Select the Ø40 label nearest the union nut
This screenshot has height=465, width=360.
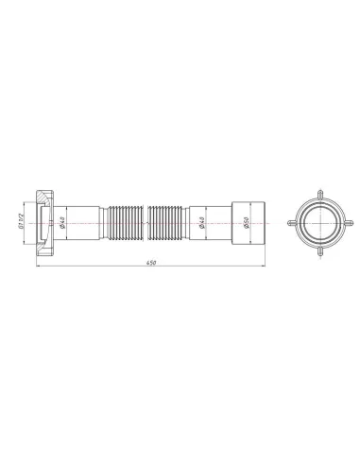pyautogui.click(x=62, y=225)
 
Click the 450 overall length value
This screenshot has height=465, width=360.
pyautogui.click(x=150, y=261)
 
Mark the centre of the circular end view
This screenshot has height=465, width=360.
pyautogui.click(x=317, y=225)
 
